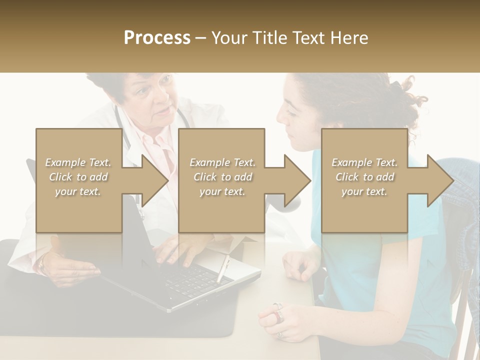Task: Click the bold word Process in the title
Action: (157, 38)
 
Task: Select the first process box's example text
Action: (78, 177)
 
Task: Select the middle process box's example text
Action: (222, 177)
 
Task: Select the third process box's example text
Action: (364, 177)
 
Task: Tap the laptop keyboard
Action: (195, 280)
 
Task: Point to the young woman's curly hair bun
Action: (407, 95)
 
